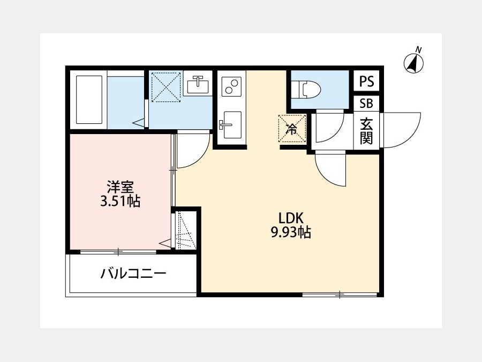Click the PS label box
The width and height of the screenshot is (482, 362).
(366, 81)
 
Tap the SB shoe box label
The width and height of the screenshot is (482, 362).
(366, 104)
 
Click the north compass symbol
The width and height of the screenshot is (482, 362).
(413, 62)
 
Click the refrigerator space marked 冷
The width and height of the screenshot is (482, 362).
(292, 128)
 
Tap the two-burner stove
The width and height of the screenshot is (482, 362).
(232, 86)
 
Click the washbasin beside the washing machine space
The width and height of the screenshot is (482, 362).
(197, 84)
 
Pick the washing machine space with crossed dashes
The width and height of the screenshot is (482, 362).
(166, 87)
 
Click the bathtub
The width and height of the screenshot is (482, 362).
(89, 100)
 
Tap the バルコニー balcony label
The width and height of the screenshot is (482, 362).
(133, 274)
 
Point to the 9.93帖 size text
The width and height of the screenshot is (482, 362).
(290, 232)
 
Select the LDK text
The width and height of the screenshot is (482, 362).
(291, 218)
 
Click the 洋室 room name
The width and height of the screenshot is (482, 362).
(120, 188)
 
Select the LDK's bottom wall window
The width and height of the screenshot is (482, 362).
(340, 294)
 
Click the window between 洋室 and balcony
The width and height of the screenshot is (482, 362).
(118, 252)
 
